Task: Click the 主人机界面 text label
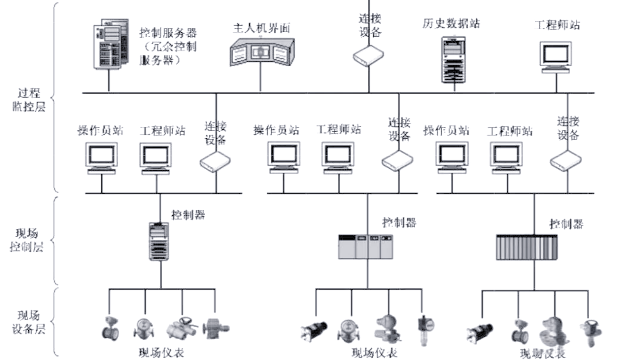tap(261, 28)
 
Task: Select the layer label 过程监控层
tap(31, 101)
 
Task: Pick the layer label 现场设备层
tap(31, 322)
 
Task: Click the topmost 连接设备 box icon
tap(368, 55)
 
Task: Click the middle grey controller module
tap(366, 246)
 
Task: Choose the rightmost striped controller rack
tap(527, 246)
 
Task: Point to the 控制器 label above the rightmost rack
tap(566, 224)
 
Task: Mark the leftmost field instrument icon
tap(109, 327)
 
